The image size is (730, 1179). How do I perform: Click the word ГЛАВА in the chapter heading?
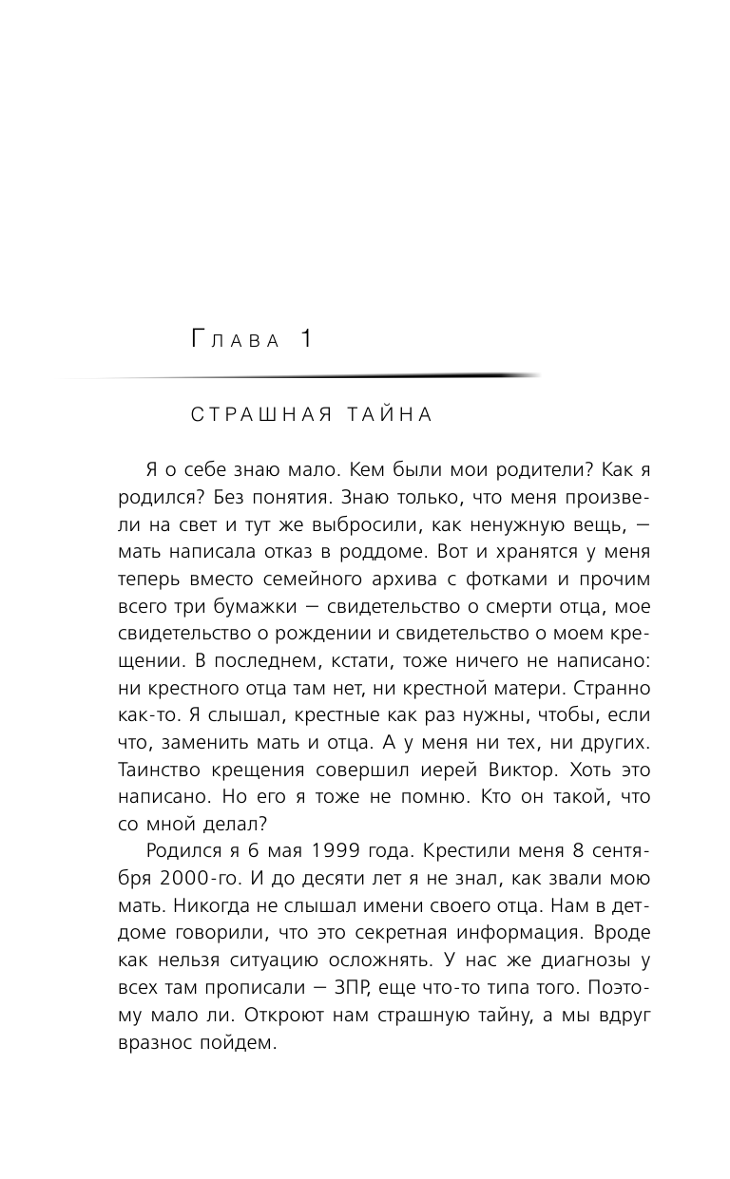pyautogui.click(x=236, y=340)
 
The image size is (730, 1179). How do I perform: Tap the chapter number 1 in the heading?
pyautogui.click(x=307, y=338)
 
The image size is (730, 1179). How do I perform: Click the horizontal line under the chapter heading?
pyautogui.click(x=304, y=377)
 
